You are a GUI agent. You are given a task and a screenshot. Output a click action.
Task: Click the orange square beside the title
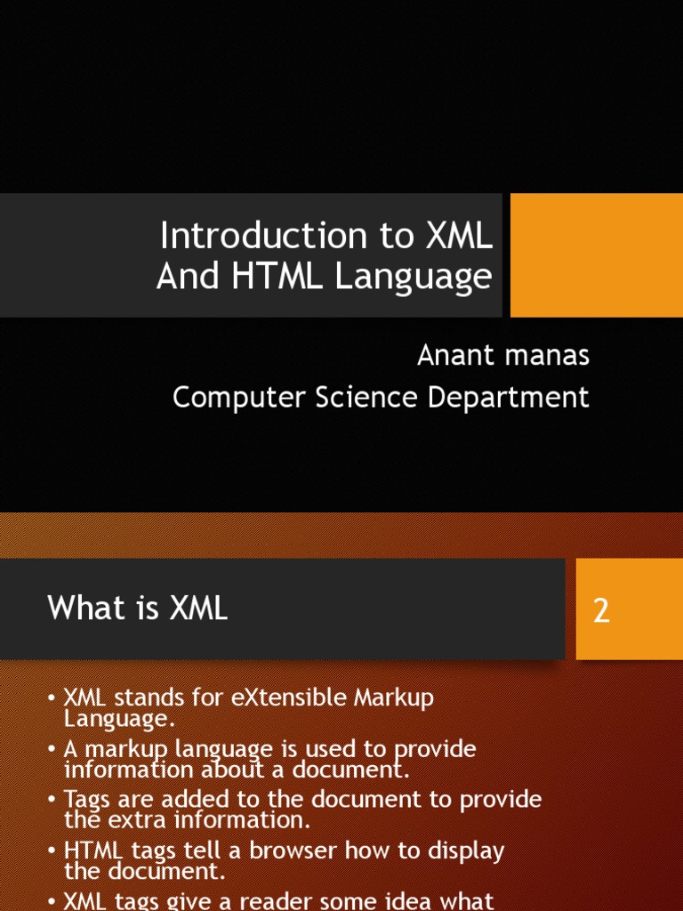pyautogui.click(x=597, y=255)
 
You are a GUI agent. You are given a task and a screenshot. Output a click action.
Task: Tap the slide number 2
pyautogui.click(x=602, y=610)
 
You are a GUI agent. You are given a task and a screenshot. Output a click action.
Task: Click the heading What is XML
pyautogui.click(x=138, y=609)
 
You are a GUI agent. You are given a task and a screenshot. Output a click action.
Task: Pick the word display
pyautogui.click(x=467, y=851)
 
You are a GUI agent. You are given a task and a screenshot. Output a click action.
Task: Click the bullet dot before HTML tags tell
pyautogui.click(x=52, y=851)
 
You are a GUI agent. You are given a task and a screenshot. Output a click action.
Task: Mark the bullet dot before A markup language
pyautogui.click(x=52, y=749)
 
